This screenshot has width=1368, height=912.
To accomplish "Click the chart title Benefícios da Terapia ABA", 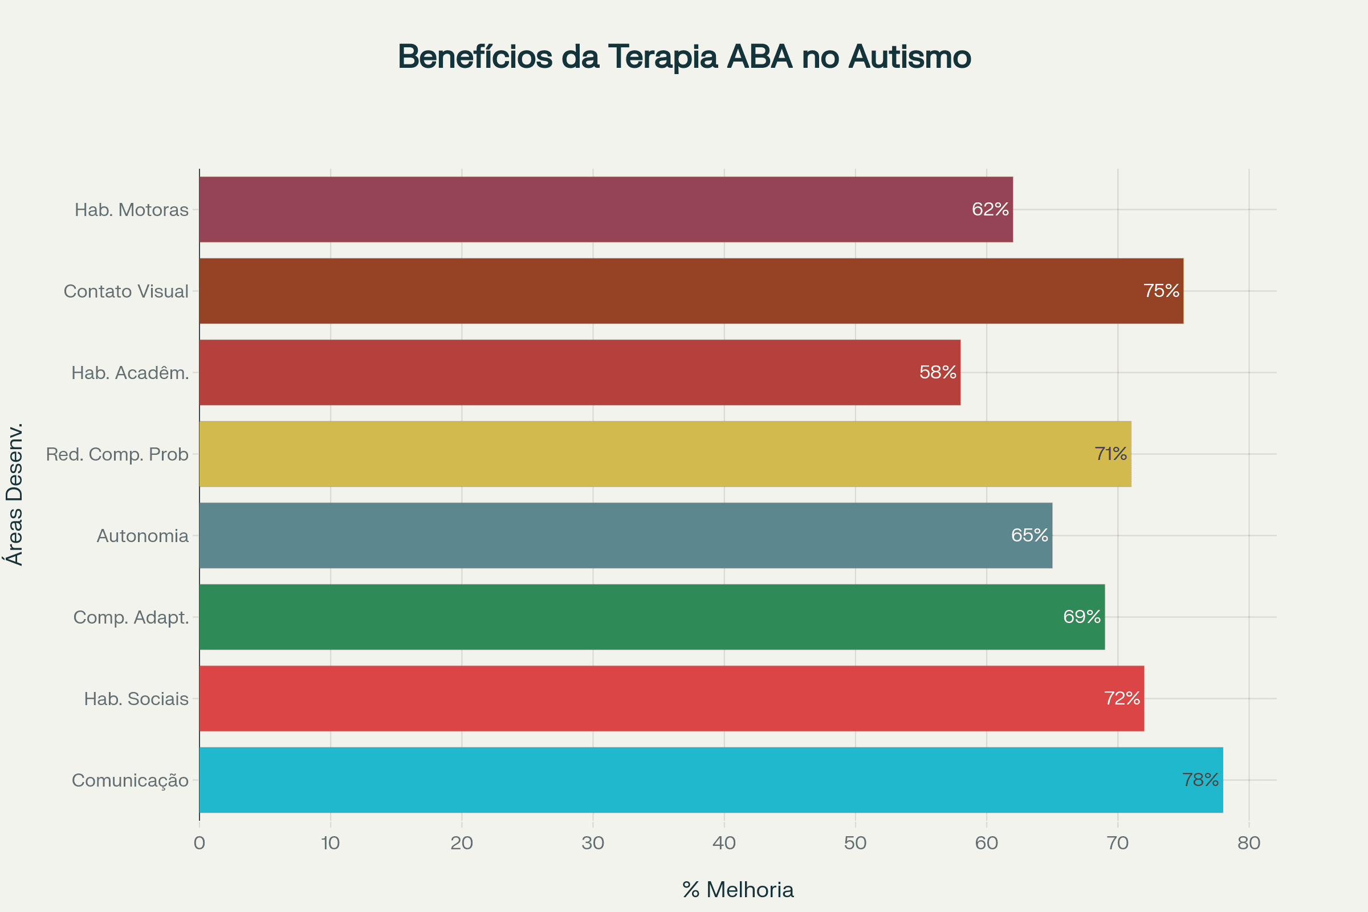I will point(684,57).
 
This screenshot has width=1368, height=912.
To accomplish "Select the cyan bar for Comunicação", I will point(711,780).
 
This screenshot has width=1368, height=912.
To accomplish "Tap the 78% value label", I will point(1200,780).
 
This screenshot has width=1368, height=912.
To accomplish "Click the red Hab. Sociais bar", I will point(671,699).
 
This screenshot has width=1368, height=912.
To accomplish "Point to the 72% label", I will point(1122,699).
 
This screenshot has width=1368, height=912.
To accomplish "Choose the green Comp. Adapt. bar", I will point(652,617).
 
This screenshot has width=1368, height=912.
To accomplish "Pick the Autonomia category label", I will point(142,536).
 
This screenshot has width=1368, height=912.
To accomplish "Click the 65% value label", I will point(1029,535).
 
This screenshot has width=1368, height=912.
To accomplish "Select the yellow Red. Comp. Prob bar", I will point(665,454).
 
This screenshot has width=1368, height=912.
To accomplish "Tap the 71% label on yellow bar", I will point(1110,454).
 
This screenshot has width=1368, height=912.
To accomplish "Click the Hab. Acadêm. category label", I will point(131,373).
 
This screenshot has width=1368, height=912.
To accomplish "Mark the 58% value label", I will point(938,372).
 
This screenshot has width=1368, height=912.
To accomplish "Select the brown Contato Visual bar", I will point(691,291).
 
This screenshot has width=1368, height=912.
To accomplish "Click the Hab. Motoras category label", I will point(132,210).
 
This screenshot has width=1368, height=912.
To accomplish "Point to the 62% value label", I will point(990,209).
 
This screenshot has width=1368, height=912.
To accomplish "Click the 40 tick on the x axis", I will point(724,844).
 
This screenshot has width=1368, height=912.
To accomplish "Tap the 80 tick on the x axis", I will point(1249,844).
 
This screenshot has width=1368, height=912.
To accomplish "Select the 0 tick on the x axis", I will point(199,844).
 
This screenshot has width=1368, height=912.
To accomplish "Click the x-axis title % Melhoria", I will point(738,890).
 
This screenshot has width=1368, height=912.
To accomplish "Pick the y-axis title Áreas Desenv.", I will point(15,494).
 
